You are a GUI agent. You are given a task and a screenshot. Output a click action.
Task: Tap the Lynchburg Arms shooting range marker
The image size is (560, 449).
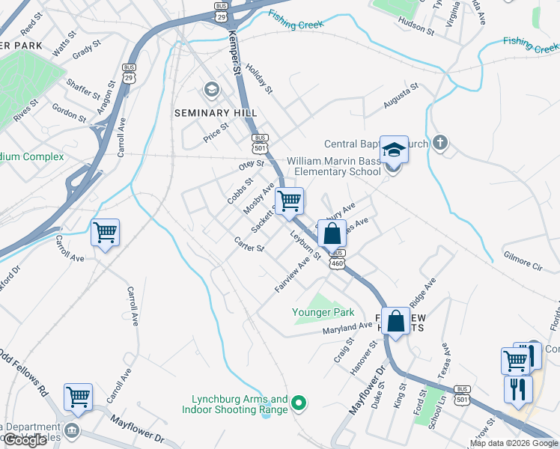pos(299,405)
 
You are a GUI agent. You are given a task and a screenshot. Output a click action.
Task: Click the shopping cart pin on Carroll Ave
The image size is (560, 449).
pos(105,232)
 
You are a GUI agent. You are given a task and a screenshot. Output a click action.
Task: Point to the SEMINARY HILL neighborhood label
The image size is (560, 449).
pos(210,113)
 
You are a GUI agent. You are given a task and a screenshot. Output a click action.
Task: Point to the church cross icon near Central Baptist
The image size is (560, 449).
pos(441,142)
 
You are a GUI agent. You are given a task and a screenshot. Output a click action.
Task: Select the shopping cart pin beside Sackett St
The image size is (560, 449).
pos(289,201)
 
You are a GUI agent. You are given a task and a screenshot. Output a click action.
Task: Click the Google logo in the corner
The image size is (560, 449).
pos(25,440)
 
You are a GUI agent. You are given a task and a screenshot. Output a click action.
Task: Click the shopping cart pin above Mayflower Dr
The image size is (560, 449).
pos(78,397)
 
